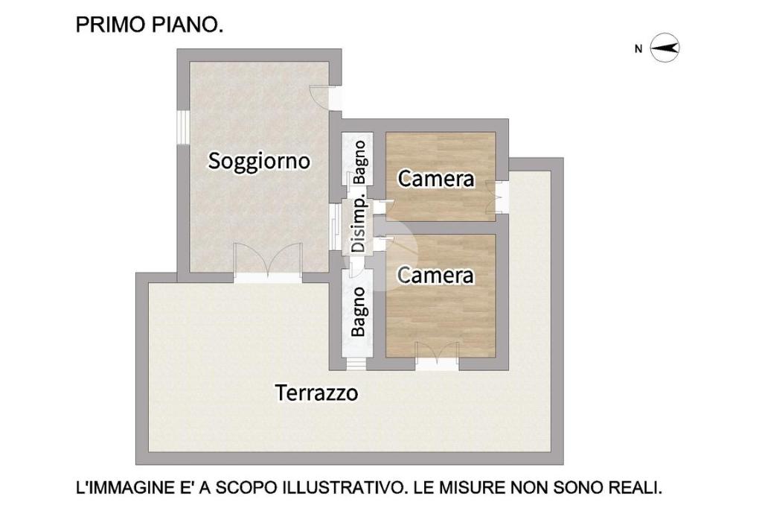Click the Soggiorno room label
point(259,162)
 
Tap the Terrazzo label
point(317,393)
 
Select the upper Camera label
point(436,179)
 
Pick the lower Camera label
point(435,276)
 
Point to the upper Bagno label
point(359,162)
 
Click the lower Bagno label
point(359,312)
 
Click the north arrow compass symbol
point(665,48)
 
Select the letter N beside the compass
point(638,48)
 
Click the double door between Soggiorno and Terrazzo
point(267,262)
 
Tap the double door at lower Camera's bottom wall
point(438,356)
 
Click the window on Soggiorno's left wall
point(183,127)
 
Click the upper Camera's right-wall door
point(499,197)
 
